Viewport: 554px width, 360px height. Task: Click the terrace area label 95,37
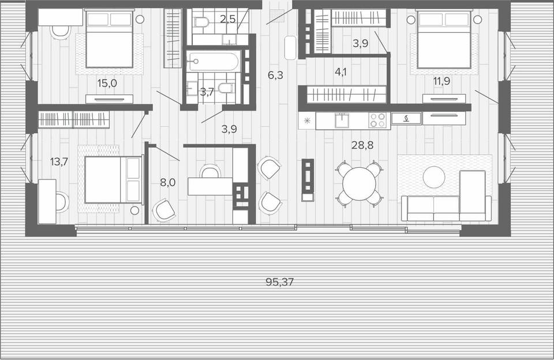click(x=279, y=282)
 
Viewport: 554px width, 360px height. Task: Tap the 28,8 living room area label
click(x=362, y=145)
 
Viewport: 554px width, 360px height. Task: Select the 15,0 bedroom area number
click(x=107, y=84)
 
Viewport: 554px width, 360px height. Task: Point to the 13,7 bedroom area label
click(x=59, y=162)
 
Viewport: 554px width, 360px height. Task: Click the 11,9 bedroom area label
click(x=441, y=81)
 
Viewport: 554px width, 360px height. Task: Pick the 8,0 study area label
click(x=168, y=183)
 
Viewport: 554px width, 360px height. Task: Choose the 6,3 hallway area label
click(x=275, y=75)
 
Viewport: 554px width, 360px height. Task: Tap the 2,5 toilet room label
click(x=228, y=18)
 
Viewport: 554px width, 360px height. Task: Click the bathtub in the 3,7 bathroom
click(x=213, y=62)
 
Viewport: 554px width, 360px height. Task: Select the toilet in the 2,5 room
click(x=202, y=21)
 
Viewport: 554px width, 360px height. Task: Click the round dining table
click(x=360, y=183)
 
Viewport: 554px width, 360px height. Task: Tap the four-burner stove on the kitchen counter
click(x=377, y=120)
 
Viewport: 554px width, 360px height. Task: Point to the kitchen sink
click(x=342, y=121)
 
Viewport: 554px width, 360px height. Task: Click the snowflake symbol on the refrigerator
click(x=306, y=121)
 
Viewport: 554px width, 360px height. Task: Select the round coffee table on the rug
click(x=434, y=177)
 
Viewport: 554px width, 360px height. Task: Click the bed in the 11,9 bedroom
click(x=444, y=40)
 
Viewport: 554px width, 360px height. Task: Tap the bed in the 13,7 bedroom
click(x=114, y=180)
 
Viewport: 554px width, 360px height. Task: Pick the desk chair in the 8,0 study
click(x=210, y=171)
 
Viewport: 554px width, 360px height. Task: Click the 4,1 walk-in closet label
click(x=340, y=72)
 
